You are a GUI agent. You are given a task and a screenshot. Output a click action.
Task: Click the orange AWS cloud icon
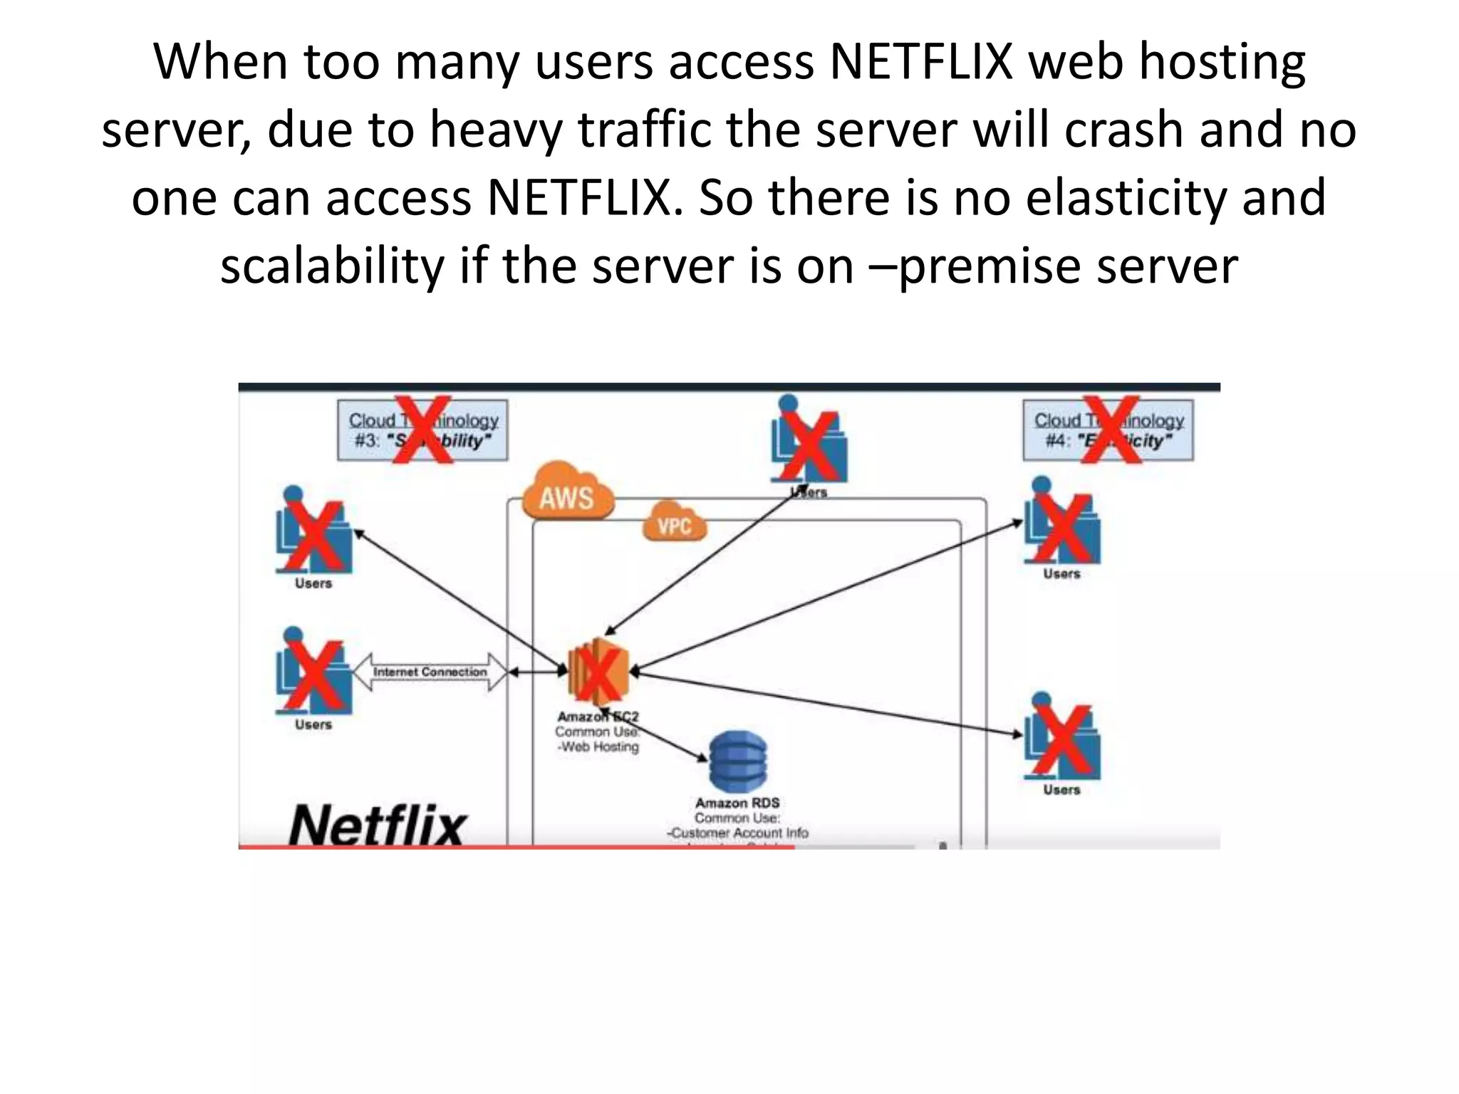(x=567, y=492)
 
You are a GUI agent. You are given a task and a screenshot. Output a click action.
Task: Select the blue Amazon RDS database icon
(x=738, y=761)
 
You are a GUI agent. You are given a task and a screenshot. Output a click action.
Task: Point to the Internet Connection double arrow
(x=430, y=672)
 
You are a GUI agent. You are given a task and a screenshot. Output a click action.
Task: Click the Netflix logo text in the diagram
(x=377, y=825)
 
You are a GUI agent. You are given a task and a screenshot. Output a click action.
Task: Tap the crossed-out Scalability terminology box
(x=422, y=430)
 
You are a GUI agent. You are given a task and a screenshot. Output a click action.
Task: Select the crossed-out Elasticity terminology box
(x=1108, y=430)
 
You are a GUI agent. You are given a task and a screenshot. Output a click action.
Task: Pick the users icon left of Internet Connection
(x=313, y=672)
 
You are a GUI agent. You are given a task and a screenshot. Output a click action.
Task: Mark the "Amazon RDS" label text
(x=737, y=803)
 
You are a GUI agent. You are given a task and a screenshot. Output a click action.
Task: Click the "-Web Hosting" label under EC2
(x=598, y=746)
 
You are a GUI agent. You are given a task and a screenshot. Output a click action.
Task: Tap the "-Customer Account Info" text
(x=737, y=833)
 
